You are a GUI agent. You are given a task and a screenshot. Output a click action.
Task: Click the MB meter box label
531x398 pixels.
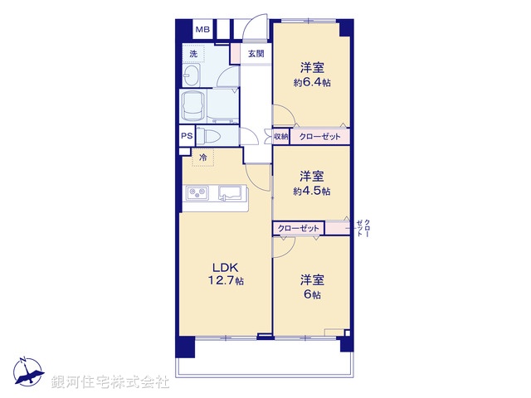click(202, 30)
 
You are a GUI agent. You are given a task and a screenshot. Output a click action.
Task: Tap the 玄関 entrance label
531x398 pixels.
click(256, 53)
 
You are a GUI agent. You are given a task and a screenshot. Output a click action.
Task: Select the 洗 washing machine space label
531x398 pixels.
click(193, 53)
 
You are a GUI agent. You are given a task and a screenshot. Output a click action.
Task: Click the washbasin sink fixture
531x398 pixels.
click(192, 75)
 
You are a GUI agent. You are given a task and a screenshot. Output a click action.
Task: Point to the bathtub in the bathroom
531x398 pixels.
click(192, 107)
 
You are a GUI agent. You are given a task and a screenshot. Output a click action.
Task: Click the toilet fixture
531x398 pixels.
click(208, 136)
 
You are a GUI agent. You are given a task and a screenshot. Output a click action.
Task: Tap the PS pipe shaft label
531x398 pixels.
click(187, 136)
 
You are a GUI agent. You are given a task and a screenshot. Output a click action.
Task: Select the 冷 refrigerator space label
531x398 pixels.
click(202, 158)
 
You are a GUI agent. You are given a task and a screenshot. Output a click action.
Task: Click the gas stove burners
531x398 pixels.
click(197, 193)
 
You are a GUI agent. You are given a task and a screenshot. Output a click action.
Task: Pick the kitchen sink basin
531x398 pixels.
click(230, 193)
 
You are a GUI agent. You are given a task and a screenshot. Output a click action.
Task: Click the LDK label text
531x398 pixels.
click(226, 268)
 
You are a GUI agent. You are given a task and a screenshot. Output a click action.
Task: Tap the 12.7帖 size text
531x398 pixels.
click(226, 280)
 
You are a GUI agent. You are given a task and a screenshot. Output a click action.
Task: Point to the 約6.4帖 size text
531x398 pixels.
click(312, 83)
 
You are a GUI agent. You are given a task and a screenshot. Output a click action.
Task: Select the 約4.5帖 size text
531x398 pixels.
click(312, 192)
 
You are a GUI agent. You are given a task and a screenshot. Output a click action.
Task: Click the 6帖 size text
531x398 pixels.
click(312, 294)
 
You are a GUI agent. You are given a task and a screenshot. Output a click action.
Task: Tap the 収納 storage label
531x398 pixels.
click(280, 137)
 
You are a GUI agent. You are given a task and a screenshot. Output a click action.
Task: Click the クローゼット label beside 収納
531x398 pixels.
click(319, 137)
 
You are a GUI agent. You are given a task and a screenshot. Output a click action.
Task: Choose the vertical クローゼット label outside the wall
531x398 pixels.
click(363, 228)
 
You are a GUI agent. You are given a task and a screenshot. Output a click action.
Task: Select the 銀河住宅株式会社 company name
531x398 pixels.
click(110, 382)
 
